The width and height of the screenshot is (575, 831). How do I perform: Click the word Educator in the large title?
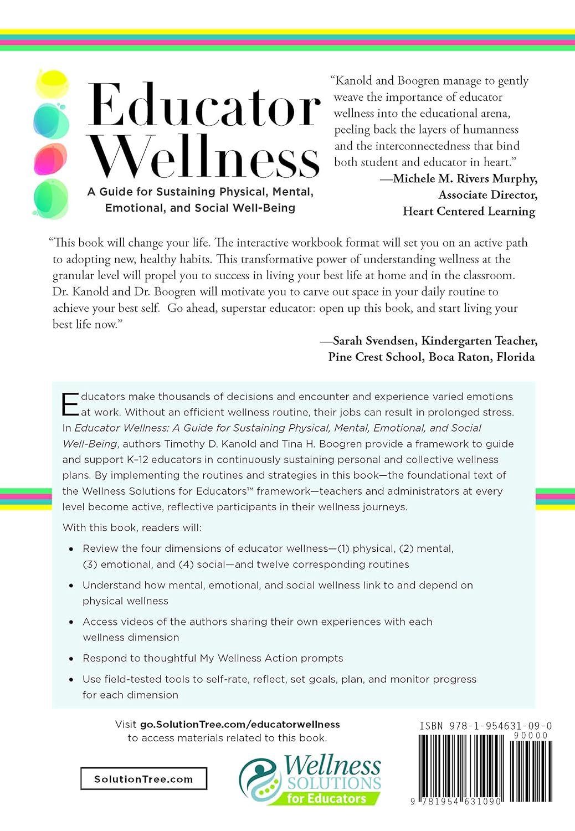coord(203,105)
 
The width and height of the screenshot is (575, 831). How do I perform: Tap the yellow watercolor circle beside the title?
coord(52,84)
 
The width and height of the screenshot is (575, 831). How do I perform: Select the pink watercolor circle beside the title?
coord(50,159)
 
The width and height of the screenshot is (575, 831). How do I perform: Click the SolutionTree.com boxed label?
coord(143,778)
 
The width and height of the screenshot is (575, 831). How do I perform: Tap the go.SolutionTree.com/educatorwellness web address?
coord(240,724)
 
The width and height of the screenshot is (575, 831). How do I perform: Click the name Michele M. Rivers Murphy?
coord(465,178)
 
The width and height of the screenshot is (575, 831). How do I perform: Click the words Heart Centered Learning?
coord(469,211)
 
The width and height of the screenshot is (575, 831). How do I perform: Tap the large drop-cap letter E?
coord(70,404)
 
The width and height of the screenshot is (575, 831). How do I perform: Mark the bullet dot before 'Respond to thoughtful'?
coord(71,659)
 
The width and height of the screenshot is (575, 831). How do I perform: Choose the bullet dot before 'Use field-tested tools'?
coord(71,680)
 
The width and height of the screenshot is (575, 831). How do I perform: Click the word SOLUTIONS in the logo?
coord(334,783)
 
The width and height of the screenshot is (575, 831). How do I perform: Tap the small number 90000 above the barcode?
coord(531,735)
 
